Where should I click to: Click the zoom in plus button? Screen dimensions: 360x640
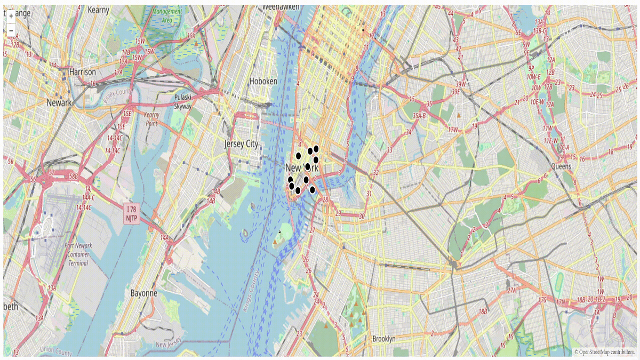pos(11,16)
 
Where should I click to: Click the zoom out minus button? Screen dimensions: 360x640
pos(11,30)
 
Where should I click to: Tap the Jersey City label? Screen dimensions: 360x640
pos(241,144)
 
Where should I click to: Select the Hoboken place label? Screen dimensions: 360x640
pos(263,81)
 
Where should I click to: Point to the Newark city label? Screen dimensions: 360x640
pos(59,102)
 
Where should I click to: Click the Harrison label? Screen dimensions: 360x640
pos(83,72)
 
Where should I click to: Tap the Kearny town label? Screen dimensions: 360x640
pos(98,10)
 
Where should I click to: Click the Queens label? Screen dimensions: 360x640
pos(561,166)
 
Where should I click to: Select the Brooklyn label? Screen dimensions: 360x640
pos(384,339)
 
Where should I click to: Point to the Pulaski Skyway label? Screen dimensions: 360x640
pos(186,101)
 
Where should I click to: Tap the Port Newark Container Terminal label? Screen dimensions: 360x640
pos(78,254)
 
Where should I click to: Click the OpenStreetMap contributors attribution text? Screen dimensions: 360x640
pos(605,352)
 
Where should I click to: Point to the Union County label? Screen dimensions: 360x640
pos(55,351)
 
